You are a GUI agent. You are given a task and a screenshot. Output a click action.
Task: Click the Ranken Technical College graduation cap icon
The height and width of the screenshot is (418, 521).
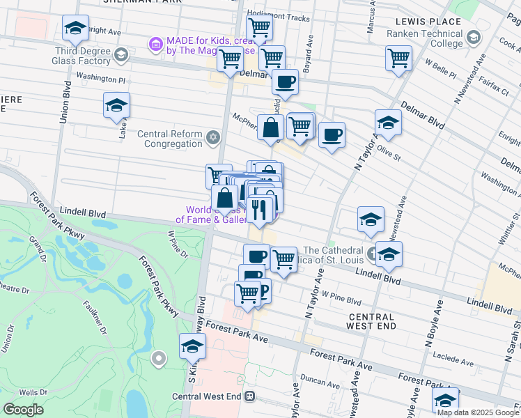point(474,37)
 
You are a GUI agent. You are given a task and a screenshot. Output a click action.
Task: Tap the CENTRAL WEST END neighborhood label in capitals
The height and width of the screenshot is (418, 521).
point(362,320)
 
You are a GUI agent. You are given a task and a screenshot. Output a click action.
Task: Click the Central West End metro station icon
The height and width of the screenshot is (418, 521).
point(249,396)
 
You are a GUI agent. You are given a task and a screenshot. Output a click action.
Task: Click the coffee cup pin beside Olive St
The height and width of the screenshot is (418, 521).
point(332,134)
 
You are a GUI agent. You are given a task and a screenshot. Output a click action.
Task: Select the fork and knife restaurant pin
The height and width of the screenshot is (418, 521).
point(259,210)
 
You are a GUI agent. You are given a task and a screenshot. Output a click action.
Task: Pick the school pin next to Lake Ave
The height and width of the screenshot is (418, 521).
point(117,107)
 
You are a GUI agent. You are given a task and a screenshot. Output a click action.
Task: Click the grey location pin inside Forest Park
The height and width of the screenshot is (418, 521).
point(159,359)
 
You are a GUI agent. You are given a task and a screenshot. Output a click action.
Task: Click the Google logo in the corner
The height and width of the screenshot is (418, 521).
point(24,410)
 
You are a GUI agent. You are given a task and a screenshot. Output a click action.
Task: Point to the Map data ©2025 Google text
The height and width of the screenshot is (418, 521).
point(477,412)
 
